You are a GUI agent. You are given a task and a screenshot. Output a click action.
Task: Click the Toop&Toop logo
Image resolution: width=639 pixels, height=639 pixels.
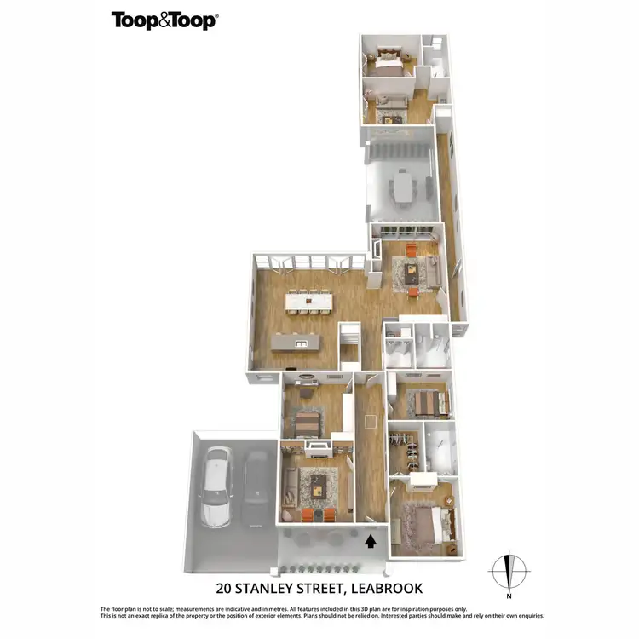click(164, 20)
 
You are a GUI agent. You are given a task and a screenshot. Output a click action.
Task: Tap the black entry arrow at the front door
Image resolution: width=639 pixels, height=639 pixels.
click(369, 539)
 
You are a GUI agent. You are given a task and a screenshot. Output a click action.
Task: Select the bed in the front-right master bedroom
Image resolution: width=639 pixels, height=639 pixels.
click(423, 521)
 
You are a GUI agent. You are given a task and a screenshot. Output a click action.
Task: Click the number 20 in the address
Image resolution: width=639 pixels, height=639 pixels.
click(225, 588)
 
